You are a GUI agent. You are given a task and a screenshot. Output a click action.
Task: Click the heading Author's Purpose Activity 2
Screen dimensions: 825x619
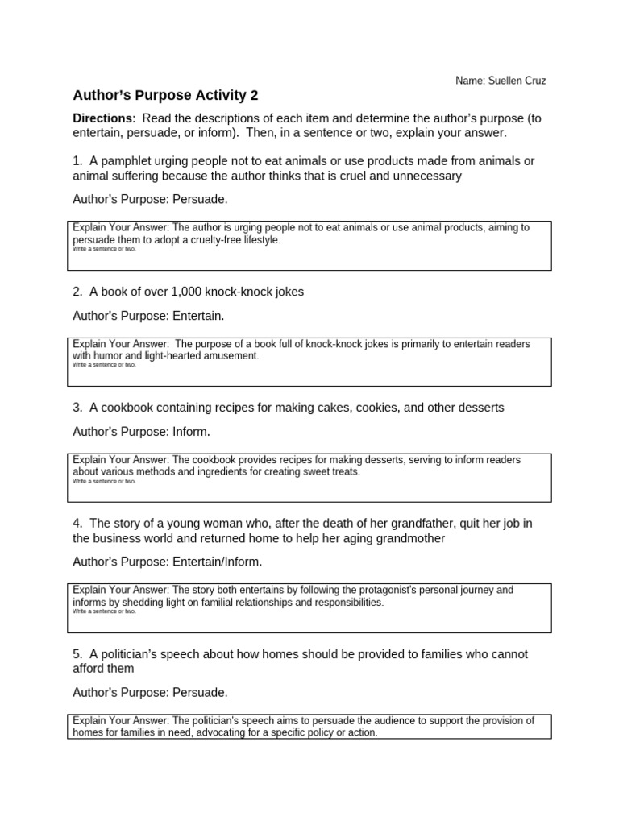pyautogui.click(x=165, y=95)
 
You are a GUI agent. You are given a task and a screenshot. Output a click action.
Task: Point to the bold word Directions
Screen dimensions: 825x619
pyautogui.click(x=102, y=118)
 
